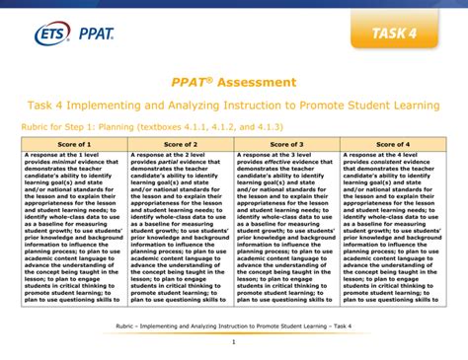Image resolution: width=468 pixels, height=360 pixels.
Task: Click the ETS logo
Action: (x=33, y=36)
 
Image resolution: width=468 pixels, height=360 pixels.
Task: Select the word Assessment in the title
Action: (x=259, y=82)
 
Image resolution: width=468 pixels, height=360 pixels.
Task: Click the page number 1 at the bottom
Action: (x=234, y=342)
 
